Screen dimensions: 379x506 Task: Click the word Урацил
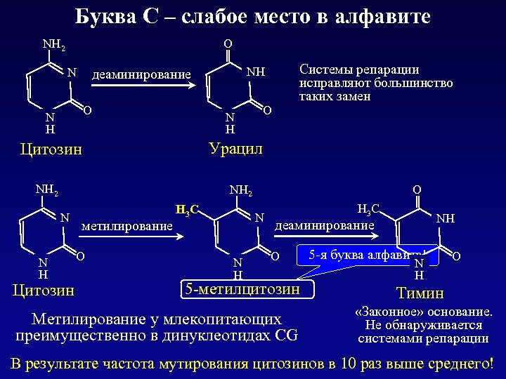click(x=235, y=149)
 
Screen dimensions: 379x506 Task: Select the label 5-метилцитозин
click(x=241, y=288)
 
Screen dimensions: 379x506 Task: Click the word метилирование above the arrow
click(x=126, y=226)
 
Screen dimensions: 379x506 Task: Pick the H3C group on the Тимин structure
click(x=369, y=208)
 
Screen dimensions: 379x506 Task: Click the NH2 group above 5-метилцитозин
click(x=240, y=189)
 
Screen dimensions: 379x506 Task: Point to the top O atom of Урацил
click(x=228, y=44)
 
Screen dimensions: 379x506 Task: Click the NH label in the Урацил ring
click(x=257, y=72)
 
